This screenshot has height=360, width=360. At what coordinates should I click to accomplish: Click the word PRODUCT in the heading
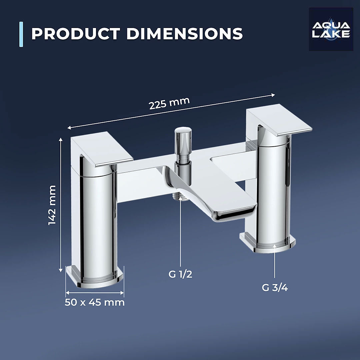pos(75,34)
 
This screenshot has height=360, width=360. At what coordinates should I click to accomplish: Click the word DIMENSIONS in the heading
pos(184,34)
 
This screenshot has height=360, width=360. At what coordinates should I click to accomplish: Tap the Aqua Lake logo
pos(331,29)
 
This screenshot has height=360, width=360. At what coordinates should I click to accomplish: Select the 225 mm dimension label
pos(169,103)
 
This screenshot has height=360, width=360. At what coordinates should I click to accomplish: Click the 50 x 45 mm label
pos(95,302)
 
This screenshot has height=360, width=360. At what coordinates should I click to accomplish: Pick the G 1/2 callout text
pos(180,274)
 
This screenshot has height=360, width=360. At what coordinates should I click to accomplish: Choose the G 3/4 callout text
pos(275,288)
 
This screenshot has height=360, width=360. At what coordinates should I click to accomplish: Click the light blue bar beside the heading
pos(21,34)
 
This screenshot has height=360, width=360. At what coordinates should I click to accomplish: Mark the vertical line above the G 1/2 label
pos(180,233)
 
